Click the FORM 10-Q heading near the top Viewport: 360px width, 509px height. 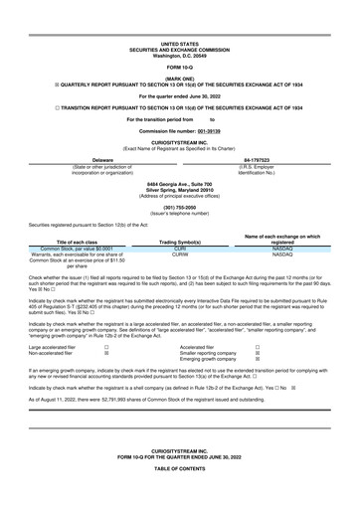179,67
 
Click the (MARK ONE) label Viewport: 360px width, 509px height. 179,80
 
